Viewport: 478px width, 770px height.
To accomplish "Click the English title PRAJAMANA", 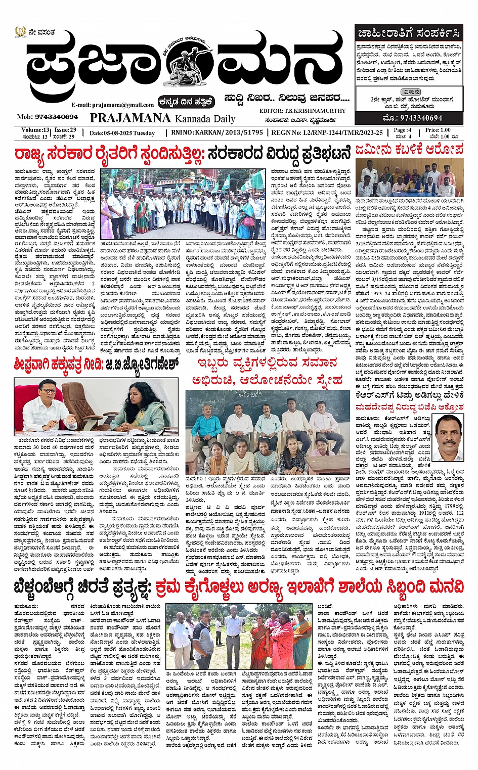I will (x=130, y=118).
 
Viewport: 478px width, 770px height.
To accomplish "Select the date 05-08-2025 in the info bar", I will (x=122, y=133).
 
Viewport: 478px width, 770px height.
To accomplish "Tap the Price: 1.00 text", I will (x=438, y=130).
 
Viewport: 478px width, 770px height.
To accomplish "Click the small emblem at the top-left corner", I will (x=20, y=32).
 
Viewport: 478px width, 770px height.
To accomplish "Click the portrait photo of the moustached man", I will (x=449, y=438).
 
